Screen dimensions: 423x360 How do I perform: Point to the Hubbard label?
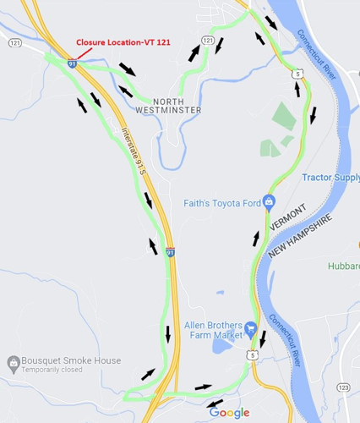344,266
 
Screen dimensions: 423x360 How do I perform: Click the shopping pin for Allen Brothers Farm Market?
251,327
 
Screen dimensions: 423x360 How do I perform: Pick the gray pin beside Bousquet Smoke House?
13,365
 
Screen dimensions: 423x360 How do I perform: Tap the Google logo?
229,412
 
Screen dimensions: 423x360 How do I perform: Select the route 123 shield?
342,387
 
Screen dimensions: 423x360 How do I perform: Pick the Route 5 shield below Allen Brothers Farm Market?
252,354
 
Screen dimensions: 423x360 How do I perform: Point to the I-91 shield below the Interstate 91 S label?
171,252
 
